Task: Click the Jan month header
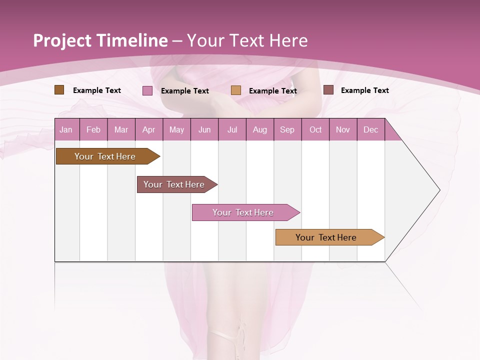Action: click(66, 129)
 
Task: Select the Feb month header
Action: click(93, 129)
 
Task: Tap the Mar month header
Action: click(121, 129)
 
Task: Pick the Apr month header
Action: click(149, 129)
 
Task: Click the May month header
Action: click(176, 129)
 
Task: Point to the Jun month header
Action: click(204, 129)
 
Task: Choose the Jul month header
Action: click(232, 129)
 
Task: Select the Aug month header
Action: click(260, 129)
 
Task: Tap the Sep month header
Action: click(287, 129)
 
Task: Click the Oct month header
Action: click(315, 129)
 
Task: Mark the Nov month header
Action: click(343, 129)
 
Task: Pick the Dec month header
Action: click(371, 129)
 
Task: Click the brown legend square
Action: click(59, 90)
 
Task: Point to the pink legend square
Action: click(147, 90)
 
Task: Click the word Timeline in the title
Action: click(131, 40)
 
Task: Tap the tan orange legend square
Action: click(236, 90)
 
